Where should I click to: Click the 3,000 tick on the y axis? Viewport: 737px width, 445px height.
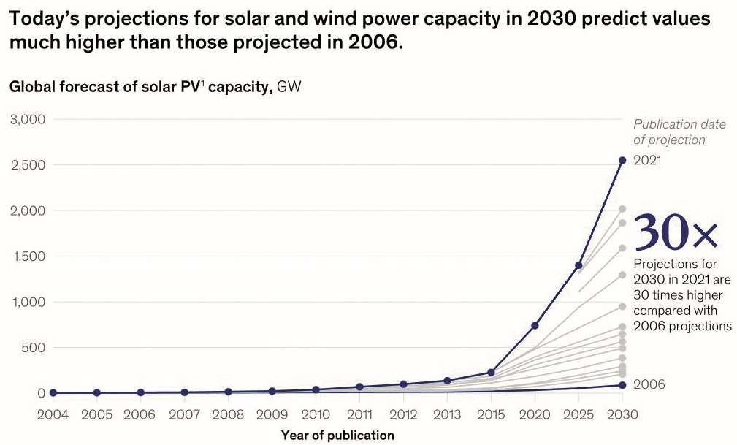click(26, 119)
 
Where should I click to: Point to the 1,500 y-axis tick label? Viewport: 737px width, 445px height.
click(26, 256)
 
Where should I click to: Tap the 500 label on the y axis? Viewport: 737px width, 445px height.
click(32, 348)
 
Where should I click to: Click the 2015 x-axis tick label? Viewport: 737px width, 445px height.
click(491, 414)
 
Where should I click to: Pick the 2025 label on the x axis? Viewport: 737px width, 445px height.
click(578, 414)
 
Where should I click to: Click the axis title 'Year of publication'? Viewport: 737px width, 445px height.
click(337, 436)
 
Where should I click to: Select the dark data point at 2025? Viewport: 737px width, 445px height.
click(578, 265)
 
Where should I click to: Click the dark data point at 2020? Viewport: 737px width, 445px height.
click(535, 325)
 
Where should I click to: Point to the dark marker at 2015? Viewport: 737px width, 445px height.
click(491, 373)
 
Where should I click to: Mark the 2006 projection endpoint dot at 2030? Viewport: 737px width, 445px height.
click(622, 384)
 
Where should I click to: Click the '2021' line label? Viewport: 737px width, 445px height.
click(647, 160)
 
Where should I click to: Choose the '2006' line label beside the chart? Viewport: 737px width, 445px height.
click(649, 384)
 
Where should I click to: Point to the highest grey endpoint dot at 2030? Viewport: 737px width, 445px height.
click(622, 209)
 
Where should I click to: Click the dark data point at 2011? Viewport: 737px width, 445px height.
click(359, 387)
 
